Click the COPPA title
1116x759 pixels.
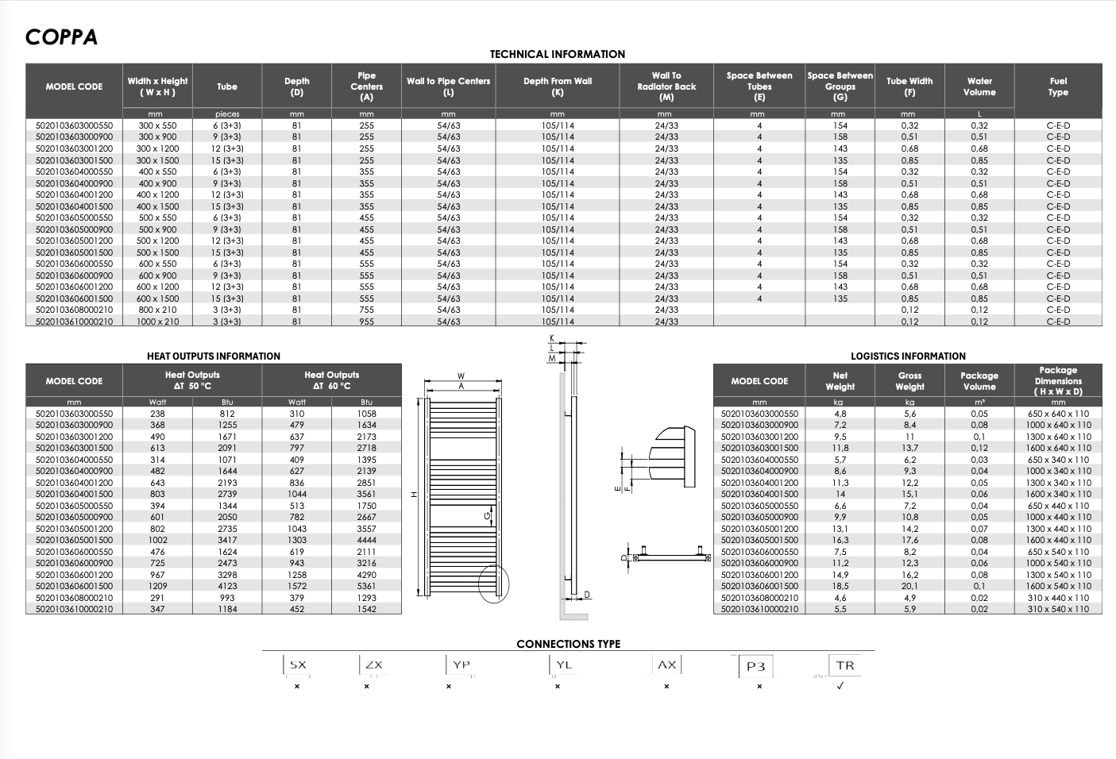pos(61,37)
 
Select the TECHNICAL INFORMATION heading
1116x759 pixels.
pos(557,54)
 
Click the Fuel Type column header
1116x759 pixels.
pos(1058,87)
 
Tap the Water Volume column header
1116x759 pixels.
pos(979,87)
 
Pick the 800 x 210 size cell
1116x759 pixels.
pos(158,310)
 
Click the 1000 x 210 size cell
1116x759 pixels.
pos(158,322)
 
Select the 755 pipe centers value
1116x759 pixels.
pos(366,310)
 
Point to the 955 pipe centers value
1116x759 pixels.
pos(366,322)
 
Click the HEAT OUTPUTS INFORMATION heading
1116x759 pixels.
pos(214,356)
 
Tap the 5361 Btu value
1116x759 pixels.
pos(366,586)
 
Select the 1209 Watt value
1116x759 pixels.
pos(158,586)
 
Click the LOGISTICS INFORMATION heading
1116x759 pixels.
pos(908,356)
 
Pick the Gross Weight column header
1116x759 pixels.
pos(909,381)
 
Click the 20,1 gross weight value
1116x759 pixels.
pos(909,586)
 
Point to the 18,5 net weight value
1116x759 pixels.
pos(840,586)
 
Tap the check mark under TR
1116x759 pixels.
pos(840,686)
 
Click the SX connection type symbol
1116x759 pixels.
pos(297,665)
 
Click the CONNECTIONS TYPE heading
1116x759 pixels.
pos(568,644)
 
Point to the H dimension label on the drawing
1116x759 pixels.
pos(414,495)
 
